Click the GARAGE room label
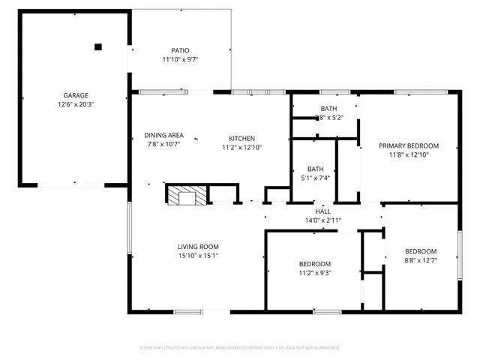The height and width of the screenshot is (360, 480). tap(75, 95)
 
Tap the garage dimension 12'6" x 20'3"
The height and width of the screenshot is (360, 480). tap(75, 104)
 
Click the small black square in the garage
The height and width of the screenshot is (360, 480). tap(97, 46)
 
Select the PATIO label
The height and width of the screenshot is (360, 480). tap(180, 50)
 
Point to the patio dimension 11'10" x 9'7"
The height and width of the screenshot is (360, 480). tap(180, 59)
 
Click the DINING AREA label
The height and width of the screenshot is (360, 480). tap(163, 135)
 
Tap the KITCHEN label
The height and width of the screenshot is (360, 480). tap(242, 138)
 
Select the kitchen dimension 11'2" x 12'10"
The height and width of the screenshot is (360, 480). tap(242, 148)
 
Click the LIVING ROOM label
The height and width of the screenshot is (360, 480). tap(198, 247)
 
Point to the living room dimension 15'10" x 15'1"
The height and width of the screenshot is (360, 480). tap(198, 256)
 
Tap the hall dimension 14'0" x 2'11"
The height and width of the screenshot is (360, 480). tap(323, 220)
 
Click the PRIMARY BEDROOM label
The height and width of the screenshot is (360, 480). tap(408, 145)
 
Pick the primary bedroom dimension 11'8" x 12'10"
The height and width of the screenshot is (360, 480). tap(408, 154)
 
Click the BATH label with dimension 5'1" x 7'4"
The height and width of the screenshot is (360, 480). tap(315, 169)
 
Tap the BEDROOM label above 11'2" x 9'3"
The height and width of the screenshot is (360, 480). tap(315, 264)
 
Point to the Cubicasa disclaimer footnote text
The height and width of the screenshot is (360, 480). tap(240, 348)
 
